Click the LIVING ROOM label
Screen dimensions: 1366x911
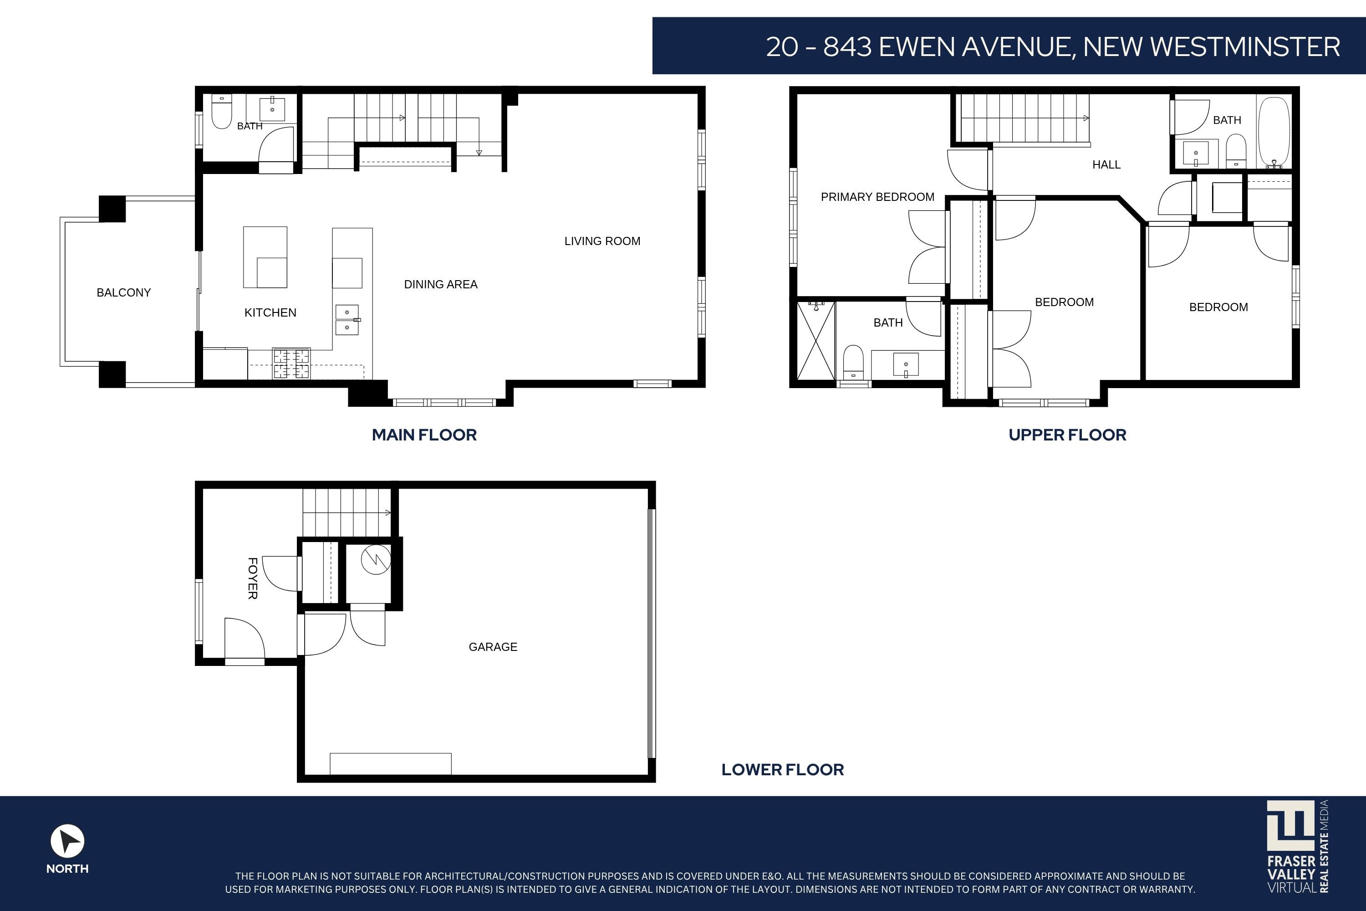click(602, 241)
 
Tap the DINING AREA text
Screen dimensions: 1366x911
click(441, 284)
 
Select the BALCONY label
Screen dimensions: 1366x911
click(124, 292)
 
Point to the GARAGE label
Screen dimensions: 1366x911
click(493, 647)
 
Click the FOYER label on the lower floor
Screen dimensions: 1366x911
click(253, 578)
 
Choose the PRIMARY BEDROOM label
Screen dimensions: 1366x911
click(877, 197)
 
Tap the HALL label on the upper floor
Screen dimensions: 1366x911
click(1106, 164)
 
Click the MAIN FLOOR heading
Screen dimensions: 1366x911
click(424, 435)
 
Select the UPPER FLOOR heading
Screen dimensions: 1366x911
click(1067, 435)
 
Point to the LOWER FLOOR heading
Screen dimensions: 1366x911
click(782, 769)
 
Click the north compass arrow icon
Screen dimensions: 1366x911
click(67, 841)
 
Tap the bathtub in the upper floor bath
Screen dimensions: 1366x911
click(1274, 132)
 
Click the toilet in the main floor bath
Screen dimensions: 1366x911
click(221, 112)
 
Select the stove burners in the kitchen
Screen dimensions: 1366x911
click(291, 363)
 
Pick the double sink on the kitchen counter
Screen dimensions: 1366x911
click(347, 320)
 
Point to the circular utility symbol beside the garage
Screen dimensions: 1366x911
click(376, 559)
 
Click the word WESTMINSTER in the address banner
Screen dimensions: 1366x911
click(1245, 46)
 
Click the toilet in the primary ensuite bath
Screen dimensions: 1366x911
click(853, 362)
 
